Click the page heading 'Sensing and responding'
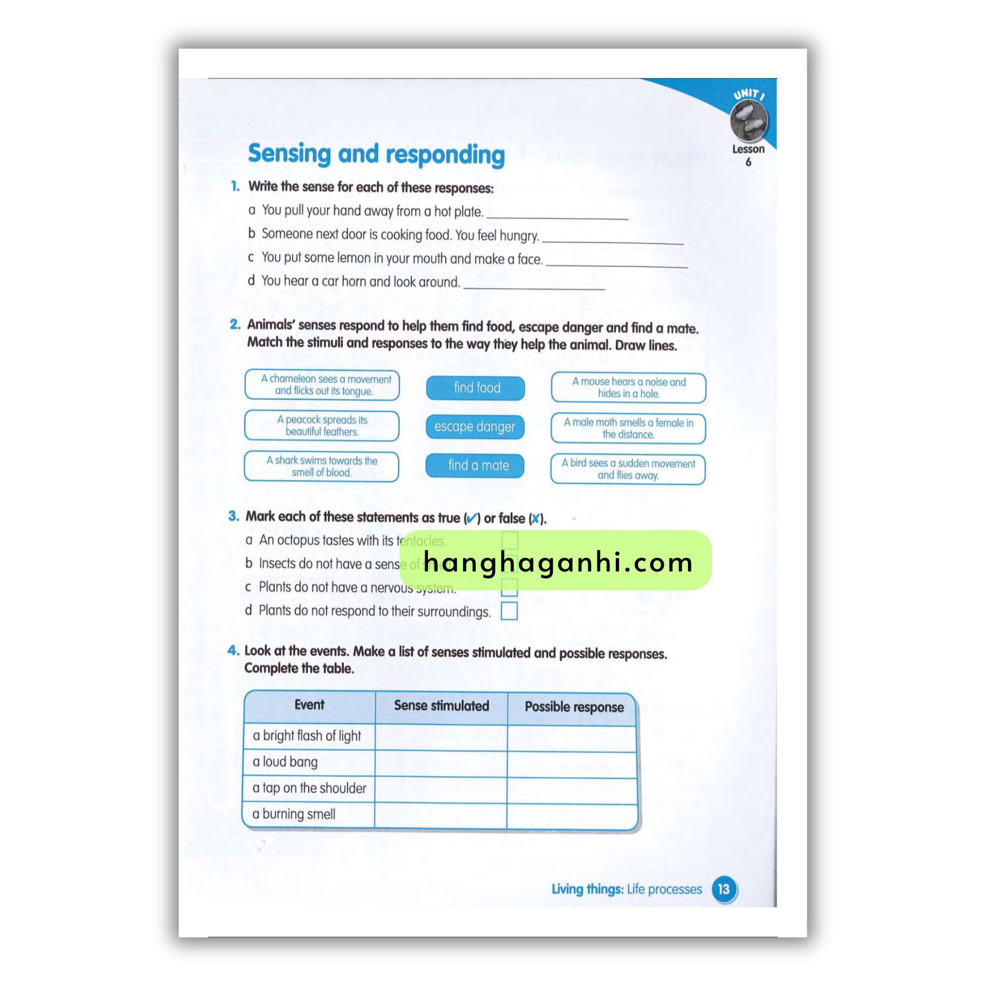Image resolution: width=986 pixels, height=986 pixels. pyautogui.click(x=376, y=154)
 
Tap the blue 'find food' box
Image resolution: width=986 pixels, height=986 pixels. pyautogui.click(x=475, y=388)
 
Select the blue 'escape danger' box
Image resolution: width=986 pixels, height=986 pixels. pyautogui.click(x=475, y=427)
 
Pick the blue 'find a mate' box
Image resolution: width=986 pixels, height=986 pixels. pyautogui.click(x=475, y=466)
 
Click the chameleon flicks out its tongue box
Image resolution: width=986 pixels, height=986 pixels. pyautogui.click(x=322, y=385)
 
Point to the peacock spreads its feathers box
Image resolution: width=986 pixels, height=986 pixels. pyautogui.click(x=322, y=426)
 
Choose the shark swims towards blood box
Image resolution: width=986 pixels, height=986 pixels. pyautogui.click(x=322, y=467)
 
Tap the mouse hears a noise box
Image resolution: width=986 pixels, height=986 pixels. pyautogui.click(x=628, y=388)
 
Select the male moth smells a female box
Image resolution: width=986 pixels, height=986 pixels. pyautogui.click(x=628, y=428)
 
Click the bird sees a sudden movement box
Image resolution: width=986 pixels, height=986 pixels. pyautogui.click(x=628, y=469)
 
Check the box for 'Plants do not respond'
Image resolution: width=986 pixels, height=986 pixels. pyautogui.click(x=509, y=611)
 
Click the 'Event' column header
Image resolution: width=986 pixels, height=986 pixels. pyautogui.click(x=309, y=705)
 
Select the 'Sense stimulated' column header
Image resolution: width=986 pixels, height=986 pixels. pyautogui.click(x=441, y=706)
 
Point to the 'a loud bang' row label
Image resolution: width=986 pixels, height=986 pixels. pyautogui.click(x=285, y=762)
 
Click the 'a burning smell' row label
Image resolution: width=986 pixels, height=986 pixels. pyautogui.click(x=294, y=814)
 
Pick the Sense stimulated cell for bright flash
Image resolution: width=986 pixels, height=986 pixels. pyautogui.click(x=441, y=736)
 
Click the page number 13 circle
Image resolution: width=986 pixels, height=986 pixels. pyautogui.click(x=723, y=889)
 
